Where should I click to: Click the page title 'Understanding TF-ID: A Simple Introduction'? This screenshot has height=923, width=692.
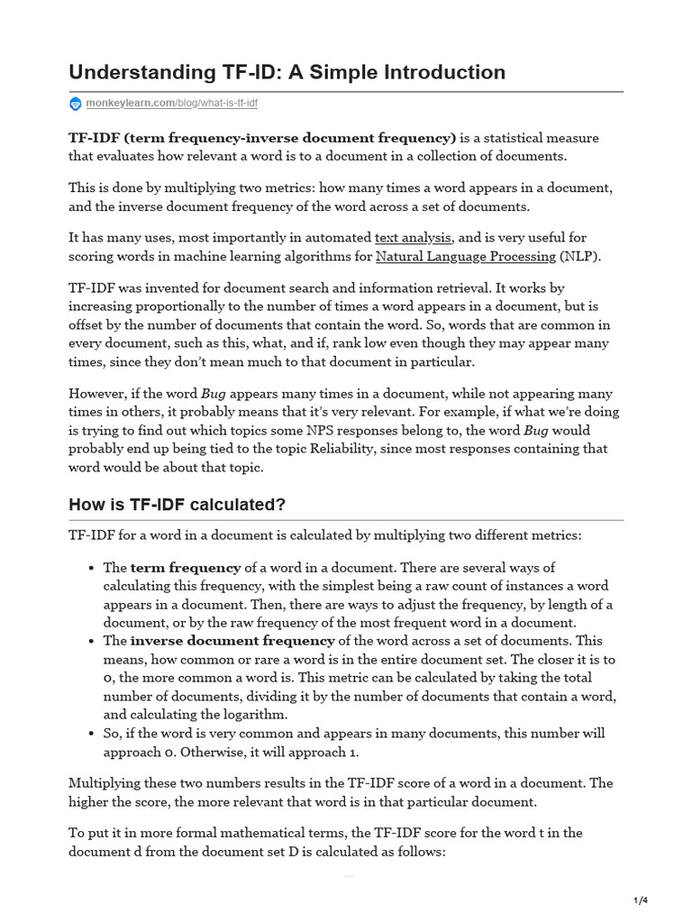[x=287, y=71]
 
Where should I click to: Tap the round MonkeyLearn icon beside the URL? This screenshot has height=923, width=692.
[x=76, y=104]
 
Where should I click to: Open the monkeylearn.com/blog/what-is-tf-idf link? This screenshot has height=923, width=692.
[x=171, y=104]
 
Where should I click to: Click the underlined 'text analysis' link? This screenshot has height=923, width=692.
[x=413, y=238]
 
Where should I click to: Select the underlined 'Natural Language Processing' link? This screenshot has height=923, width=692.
[x=465, y=256]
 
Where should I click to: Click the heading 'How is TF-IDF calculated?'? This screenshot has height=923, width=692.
[x=177, y=505]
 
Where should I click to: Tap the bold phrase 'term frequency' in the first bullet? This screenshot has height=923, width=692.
[x=186, y=568]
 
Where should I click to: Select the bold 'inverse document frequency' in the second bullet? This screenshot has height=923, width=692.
[x=232, y=641]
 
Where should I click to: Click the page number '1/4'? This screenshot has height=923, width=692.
[x=642, y=900]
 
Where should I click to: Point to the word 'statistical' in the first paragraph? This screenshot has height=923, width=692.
[x=509, y=138]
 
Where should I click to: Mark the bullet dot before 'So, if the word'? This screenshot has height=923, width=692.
[x=93, y=734]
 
